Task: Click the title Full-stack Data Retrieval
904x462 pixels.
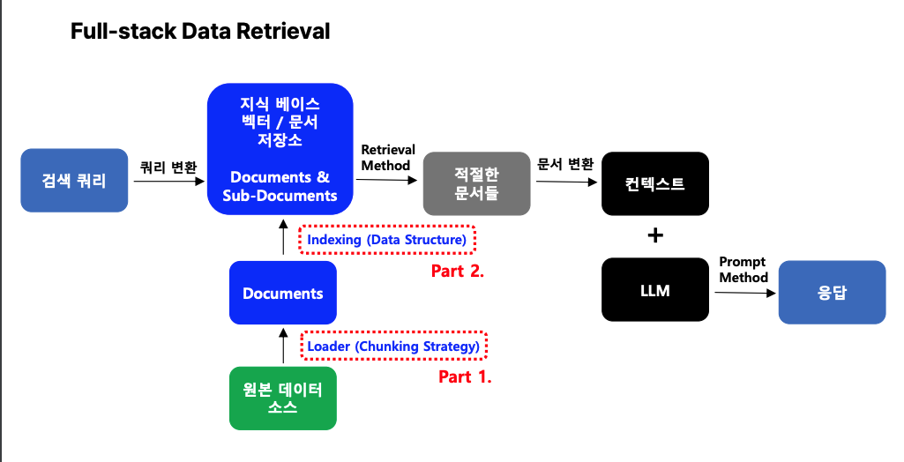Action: pos(200,32)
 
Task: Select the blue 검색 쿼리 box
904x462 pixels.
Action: pos(74,181)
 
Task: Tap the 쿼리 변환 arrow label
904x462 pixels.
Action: pos(168,167)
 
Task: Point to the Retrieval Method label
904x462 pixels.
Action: pos(387,158)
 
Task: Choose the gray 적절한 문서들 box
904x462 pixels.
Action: pos(476,183)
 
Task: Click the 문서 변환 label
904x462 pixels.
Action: pos(565,164)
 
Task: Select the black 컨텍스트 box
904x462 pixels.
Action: pos(655,184)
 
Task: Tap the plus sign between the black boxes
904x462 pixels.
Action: pos(655,236)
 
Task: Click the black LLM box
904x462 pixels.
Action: pos(655,289)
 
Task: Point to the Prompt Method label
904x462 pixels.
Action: pos(743,270)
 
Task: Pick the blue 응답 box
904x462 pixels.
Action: pos(832,293)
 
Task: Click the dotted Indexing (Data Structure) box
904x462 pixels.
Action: pos(387,240)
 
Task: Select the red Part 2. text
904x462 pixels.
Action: pos(458,271)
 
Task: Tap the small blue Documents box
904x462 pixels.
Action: pos(282,293)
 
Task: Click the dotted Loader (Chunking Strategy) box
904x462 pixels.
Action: pos(393,346)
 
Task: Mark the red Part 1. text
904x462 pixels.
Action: pos(465,376)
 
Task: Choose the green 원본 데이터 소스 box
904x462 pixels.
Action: pos(282,398)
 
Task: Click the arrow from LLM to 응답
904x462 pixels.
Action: pos(743,293)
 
